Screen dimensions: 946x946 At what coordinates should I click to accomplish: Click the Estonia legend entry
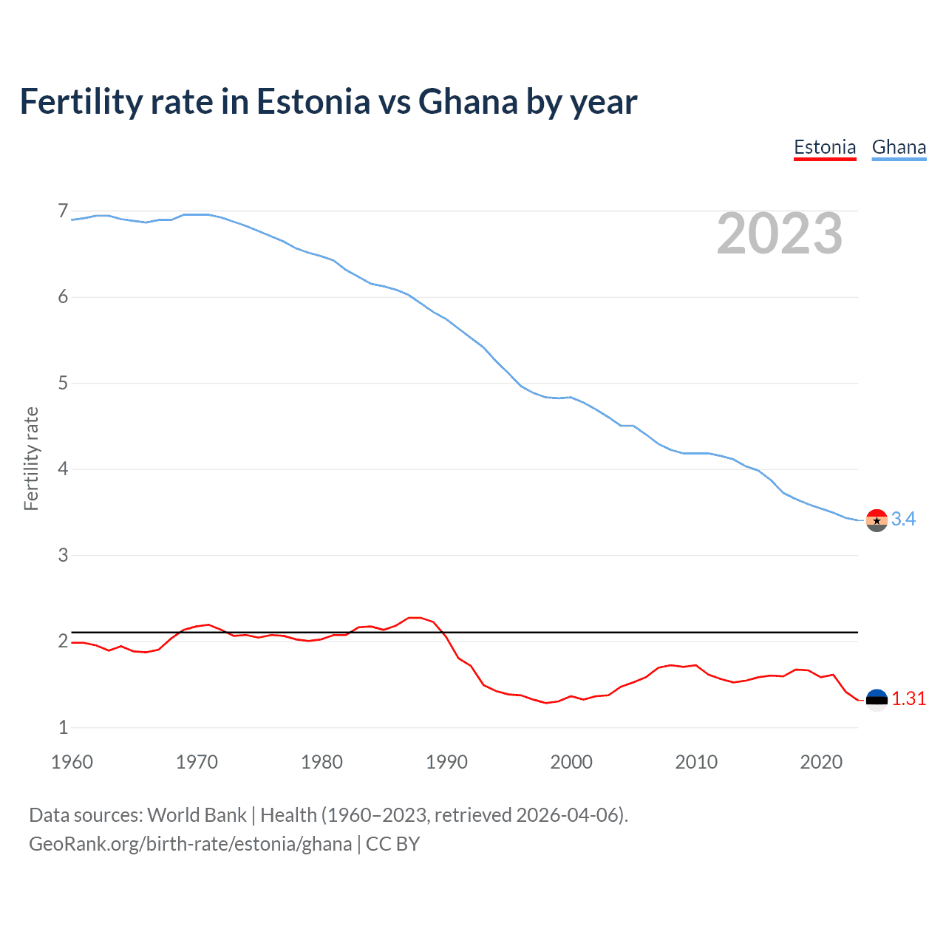825,147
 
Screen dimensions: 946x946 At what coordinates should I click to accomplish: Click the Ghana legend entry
899,147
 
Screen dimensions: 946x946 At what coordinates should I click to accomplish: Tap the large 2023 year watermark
779,234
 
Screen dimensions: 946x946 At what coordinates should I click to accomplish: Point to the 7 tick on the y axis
63,211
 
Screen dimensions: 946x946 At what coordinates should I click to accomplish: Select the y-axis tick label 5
63,384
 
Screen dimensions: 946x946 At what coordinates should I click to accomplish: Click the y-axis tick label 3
63,555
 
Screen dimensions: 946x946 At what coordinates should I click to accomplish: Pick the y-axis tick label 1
63,727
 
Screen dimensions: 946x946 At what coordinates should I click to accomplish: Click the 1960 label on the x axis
72,762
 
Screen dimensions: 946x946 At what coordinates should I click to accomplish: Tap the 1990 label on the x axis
446,762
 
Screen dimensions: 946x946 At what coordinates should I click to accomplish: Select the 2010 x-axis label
696,762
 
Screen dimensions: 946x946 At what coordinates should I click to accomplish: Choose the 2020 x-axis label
821,762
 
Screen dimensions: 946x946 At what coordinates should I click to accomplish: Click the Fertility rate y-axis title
31,458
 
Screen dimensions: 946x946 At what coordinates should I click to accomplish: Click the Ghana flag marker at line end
877,520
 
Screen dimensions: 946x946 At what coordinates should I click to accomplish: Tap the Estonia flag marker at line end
877,699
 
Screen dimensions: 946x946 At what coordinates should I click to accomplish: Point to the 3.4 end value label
903,519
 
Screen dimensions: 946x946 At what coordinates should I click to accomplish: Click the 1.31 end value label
908,698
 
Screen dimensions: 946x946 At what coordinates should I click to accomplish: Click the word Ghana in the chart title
468,101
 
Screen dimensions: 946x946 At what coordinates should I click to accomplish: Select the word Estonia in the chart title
313,101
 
